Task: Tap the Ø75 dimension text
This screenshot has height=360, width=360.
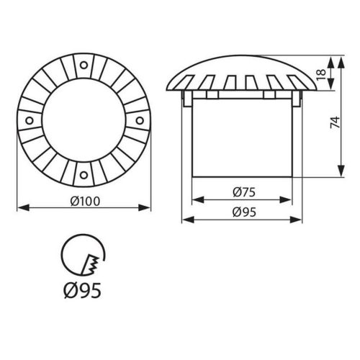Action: point(242,192)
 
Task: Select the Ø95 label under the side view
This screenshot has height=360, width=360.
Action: point(242,212)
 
